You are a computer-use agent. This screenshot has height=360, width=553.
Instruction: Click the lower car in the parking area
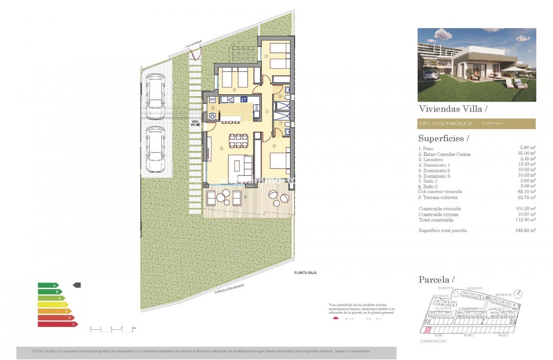tap(155, 149)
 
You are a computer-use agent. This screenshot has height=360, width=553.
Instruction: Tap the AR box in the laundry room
tap(212, 100)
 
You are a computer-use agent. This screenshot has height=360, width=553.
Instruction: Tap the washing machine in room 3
tap(212, 116)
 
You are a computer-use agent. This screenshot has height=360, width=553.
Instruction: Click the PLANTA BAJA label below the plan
tap(305, 273)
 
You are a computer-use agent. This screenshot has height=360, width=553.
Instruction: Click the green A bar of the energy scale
tap(49, 285)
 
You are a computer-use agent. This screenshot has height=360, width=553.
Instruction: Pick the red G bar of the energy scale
tap(57, 324)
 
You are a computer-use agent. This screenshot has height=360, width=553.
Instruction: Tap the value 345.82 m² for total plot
tap(527, 231)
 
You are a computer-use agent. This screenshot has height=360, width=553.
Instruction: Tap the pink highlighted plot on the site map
tap(427, 331)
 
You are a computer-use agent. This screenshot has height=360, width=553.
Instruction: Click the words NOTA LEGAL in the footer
tap(44, 351)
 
